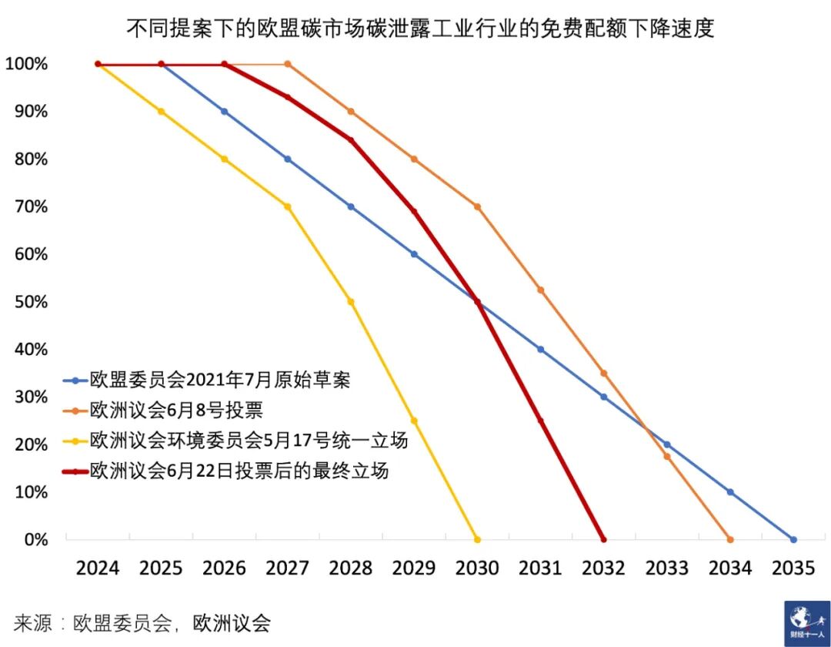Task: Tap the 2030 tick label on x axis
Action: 477,568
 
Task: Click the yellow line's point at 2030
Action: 477,539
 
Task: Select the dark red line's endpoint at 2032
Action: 602,539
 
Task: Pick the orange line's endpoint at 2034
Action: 729,539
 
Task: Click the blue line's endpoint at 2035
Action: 793,539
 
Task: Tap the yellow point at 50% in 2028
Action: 351,302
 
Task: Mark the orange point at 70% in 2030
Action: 477,206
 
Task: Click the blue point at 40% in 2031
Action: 540,350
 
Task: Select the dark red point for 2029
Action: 414,211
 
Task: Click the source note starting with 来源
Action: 142,622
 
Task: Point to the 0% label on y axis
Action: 35,539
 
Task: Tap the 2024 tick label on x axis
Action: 98,568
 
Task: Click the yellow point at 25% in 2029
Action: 414,421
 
